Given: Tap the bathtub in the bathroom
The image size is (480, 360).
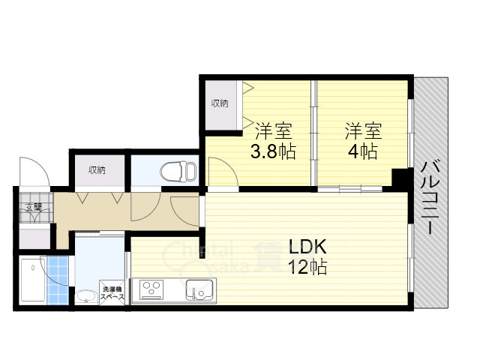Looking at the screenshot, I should click(x=31, y=281).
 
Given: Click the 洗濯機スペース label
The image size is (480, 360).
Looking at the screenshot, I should click(x=112, y=293).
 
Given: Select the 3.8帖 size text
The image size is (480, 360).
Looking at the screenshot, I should click(x=272, y=151).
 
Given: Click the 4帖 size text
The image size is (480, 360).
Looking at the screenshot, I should click(x=363, y=151).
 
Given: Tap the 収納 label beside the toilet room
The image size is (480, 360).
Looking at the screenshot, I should click(x=96, y=170).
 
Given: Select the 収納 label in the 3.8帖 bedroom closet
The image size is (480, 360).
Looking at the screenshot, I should click(x=220, y=103).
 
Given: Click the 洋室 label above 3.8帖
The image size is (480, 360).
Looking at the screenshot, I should click(x=272, y=130).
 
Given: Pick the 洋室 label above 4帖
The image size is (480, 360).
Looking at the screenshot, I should click(x=363, y=130).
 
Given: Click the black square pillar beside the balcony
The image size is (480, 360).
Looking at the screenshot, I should click(x=401, y=181).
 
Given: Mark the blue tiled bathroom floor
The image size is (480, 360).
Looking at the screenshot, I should click(x=58, y=281).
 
